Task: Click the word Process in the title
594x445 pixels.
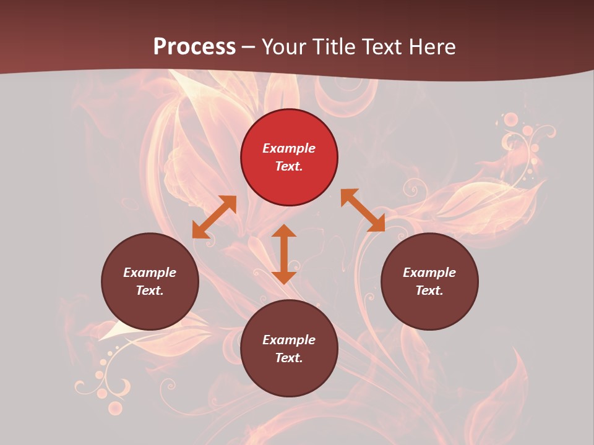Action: pyautogui.click(x=194, y=47)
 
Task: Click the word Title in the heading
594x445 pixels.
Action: pyautogui.click(x=332, y=47)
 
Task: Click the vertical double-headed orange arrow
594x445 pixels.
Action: pyautogui.click(x=284, y=254)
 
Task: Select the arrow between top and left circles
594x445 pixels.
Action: pyautogui.click(x=214, y=217)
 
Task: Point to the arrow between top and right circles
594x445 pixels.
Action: pyautogui.click(x=363, y=210)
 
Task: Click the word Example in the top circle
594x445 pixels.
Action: pyautogui.click(x=289, y=148)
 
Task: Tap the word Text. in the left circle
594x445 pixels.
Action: pyautogui.click(x=150, y=290)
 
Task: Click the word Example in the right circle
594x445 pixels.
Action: pyautogui.click(x=429, y=273)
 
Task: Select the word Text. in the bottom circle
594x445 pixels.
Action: pyautogui.click(x=289, y=358)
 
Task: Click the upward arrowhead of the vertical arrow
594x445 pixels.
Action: pyautogui.click(x=284, y=231)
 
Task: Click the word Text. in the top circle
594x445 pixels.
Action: pyautogui.click(x=289, y=166)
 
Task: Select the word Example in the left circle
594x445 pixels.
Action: pyautogui.click(x=150, y=273)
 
